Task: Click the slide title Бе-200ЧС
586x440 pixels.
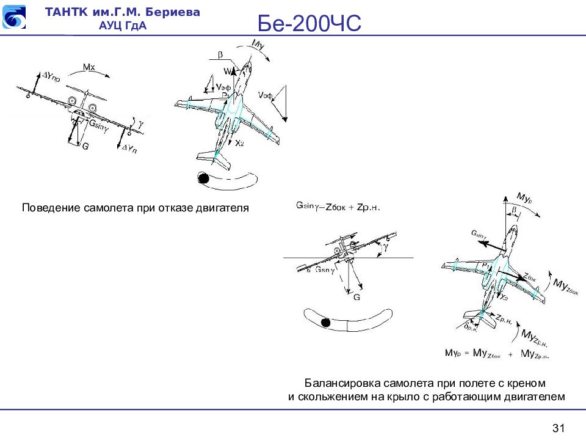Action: (x=309, y=24)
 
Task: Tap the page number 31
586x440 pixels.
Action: (x=559, y=427)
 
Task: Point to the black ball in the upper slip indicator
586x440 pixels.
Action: (x=202, y=178)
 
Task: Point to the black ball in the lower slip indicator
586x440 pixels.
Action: (x=326, y=323)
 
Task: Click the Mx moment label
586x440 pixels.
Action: (x=89, y=67)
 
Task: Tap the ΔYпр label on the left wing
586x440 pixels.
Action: (x=51, y=78)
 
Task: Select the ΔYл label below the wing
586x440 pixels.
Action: (x=129, y=148)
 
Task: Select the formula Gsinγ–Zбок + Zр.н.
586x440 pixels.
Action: (x=338, y=207)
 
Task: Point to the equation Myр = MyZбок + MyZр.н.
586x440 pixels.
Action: (x=497, y=354)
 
